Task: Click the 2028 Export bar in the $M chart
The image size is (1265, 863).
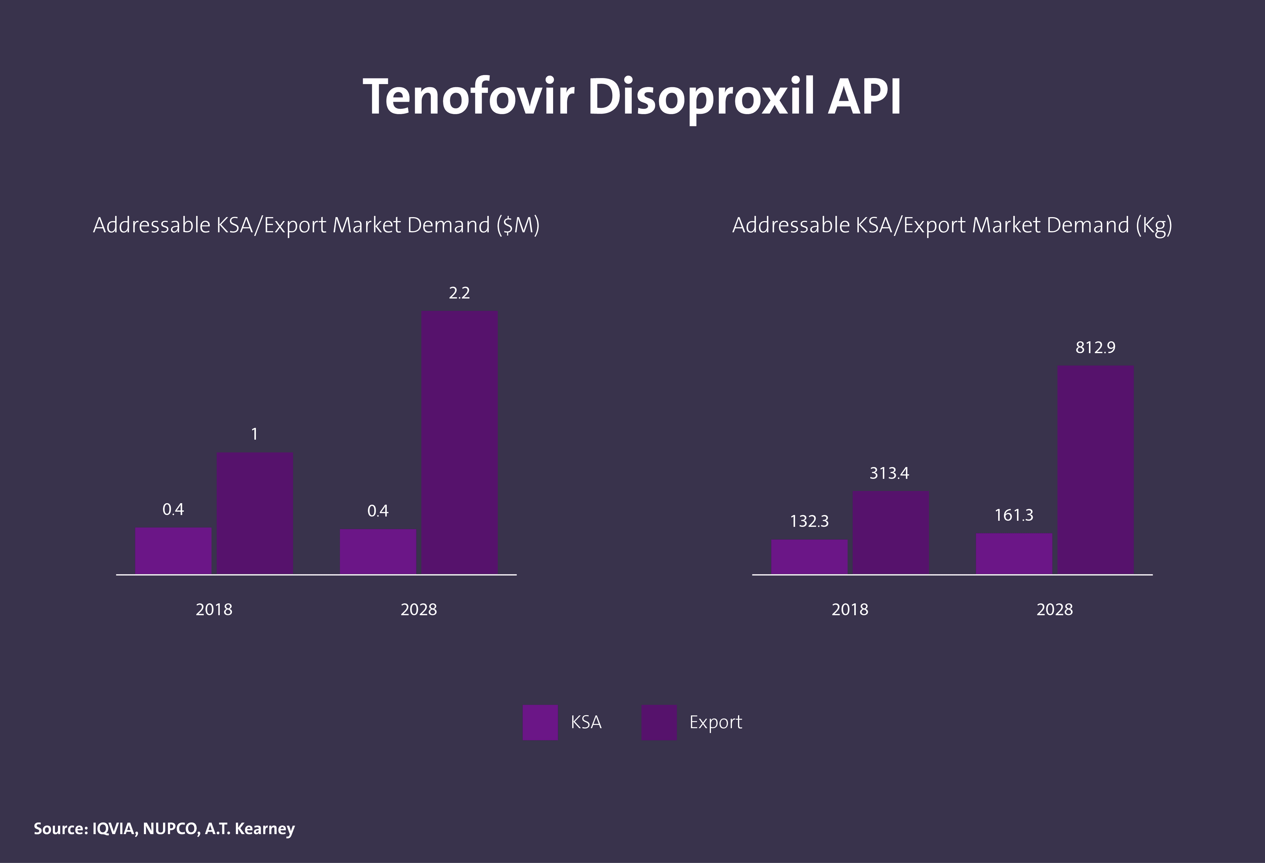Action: pyautogui.click(x=460, y=442)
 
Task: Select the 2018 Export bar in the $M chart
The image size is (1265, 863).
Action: pyautogui.click(x=255, y=513)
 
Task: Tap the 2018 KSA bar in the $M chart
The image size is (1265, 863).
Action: pyautogui.click(x=173, y=551)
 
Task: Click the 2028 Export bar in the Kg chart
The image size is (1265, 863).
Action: pyautogui.click(x=1095, y=469)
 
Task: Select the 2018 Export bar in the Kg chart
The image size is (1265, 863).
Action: pyautogui.click(x=890, y=532)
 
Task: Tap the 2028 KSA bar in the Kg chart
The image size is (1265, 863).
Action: pyautogui.click(x=1014, y=553)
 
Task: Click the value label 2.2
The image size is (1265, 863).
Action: pyautogui.click(x=459, y=293)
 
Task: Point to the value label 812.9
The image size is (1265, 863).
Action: pyautogui.click(x=1095, y=347)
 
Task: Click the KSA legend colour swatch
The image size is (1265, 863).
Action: pyautogui.click(x=540, y=722)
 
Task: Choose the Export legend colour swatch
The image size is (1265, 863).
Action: pyautogui.click(x=659, y=722)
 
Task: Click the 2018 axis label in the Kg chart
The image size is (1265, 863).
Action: pyautogui.click(x=849, y=609)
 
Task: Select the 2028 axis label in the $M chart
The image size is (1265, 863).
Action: pyautogui.click(x=419, y=609)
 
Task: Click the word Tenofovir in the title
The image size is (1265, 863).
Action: pyautogui.click(x=468, y=97)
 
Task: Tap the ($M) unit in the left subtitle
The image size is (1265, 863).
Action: pyautogui.click(x=517, y=225)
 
